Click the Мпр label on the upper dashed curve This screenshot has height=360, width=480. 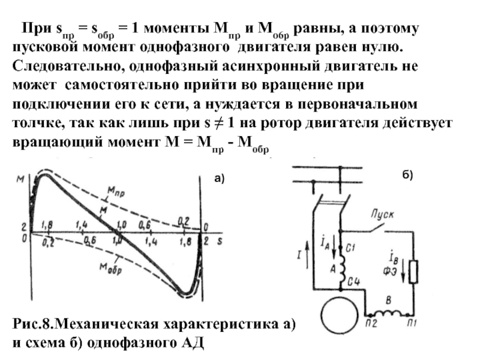pos(115,191)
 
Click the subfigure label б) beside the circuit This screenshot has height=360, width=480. pos(408,175)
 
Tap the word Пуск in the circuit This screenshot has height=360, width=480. pos(382,214)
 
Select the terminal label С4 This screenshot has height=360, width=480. pos(352,281)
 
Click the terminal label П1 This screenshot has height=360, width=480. pos(410,325)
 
